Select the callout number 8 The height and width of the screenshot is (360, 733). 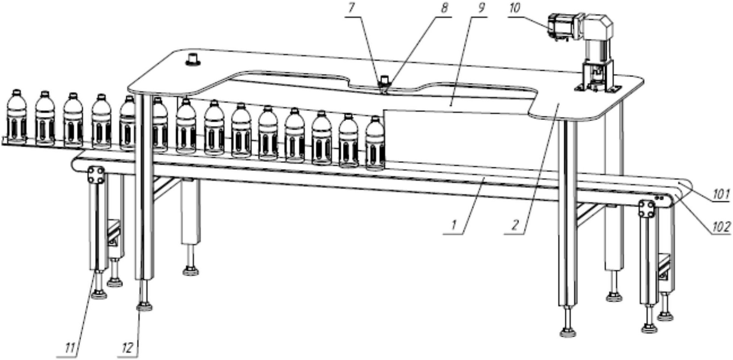pyautogui.click(x=444, y=8)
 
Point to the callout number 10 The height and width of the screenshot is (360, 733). pyautogui.click(x=515, y=8)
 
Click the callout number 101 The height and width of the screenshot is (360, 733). pyautogui.click(x=721, y=194)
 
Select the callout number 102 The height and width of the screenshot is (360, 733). pyautogui.click(x=721, y=226)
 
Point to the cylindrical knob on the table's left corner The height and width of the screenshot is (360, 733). pyautogui.click(x=193, y=59)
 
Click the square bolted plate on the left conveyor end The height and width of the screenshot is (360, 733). pyautogui.click(x=96, y=175)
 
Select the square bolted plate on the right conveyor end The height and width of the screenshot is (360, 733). pyautogui.click(x=647, y=209)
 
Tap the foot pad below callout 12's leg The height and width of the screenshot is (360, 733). pyautogui.click(x=144, y=307)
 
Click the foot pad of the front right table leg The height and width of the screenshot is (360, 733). pyautogui.click(x=567, y=332)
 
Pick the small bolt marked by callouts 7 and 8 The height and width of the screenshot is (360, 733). pyautogui.click(x=384, y=80)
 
